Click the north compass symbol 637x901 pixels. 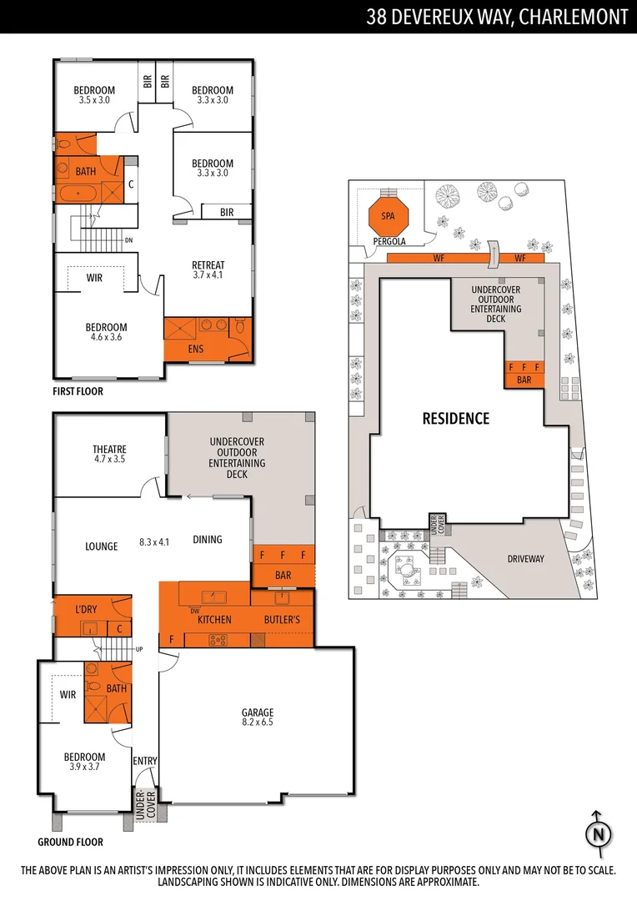click(598, 833)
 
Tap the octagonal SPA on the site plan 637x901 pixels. click(388, 216)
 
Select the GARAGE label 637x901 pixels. click(258, 712)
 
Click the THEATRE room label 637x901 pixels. click(109, 449)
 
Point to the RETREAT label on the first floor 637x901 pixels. click(208, 265)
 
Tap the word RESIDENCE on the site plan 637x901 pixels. click(455, 418)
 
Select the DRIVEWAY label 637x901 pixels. click(525, 559)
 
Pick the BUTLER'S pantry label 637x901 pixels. click(282, 620)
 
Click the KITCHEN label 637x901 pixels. click(214, 620)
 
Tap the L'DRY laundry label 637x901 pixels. click(87, 610)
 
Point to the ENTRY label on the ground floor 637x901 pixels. click(144, 761)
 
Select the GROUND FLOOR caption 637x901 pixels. click(70, 843)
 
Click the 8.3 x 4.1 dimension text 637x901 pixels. click(154, 541)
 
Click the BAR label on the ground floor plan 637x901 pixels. click(283, 576)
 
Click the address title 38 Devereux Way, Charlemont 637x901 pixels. click(497, 18)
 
